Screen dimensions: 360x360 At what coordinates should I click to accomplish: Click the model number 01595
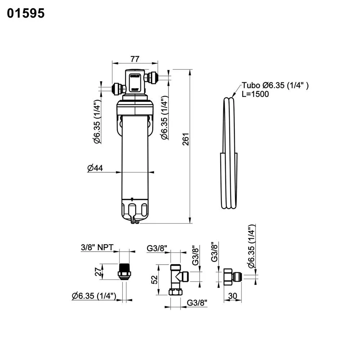[26, 13]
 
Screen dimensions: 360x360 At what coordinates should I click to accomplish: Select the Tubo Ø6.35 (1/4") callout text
[275, 85]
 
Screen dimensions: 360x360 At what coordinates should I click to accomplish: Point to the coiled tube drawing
[229, 155]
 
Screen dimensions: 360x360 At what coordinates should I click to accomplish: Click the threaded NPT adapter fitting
[124, 272]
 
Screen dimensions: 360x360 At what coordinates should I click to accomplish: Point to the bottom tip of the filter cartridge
[134, 222]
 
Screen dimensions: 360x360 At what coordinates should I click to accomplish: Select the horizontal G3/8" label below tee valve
[197, 303]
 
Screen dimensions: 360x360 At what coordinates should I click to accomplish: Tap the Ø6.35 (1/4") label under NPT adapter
[94, 296]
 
